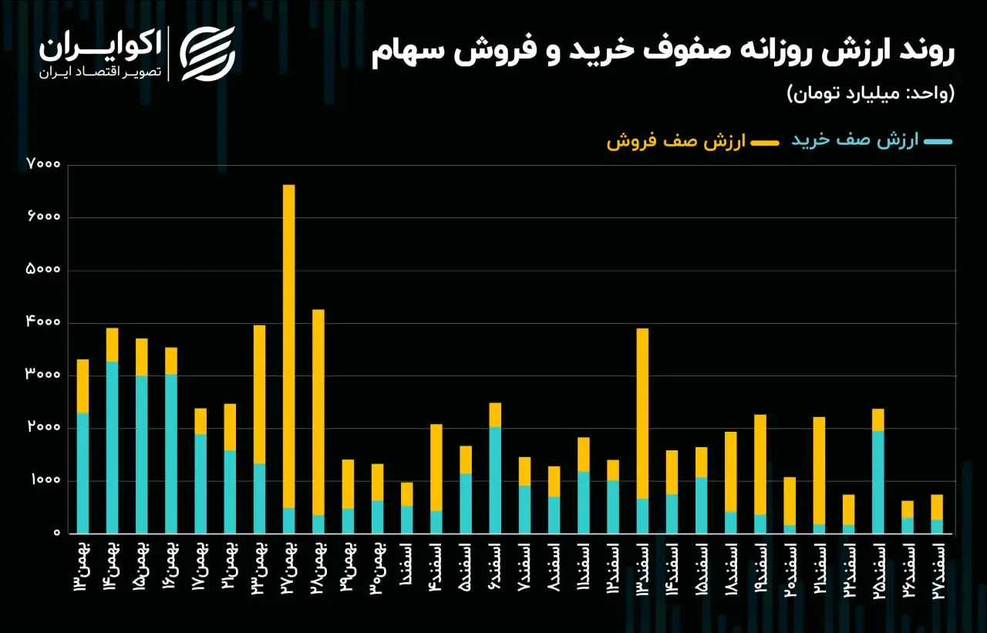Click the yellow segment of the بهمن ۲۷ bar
(288, 346)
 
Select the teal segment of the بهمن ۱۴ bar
(113, 447)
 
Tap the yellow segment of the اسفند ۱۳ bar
(642, 413)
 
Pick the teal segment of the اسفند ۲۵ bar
(878, 483)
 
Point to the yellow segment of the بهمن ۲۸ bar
(318, 412)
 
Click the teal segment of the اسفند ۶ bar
(495, 480)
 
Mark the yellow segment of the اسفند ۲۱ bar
(819, 471)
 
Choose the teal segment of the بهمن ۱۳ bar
(83, 473)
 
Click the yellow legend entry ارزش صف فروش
(692, 141)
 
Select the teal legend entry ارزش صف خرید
(872, 141)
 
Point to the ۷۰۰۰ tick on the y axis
(44, 164)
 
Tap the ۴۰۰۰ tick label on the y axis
(44, 322)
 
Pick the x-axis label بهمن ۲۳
(260, 569)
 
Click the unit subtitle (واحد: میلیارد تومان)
(871, 93)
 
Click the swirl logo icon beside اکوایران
(207, 54)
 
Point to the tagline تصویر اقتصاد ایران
(100, 72)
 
